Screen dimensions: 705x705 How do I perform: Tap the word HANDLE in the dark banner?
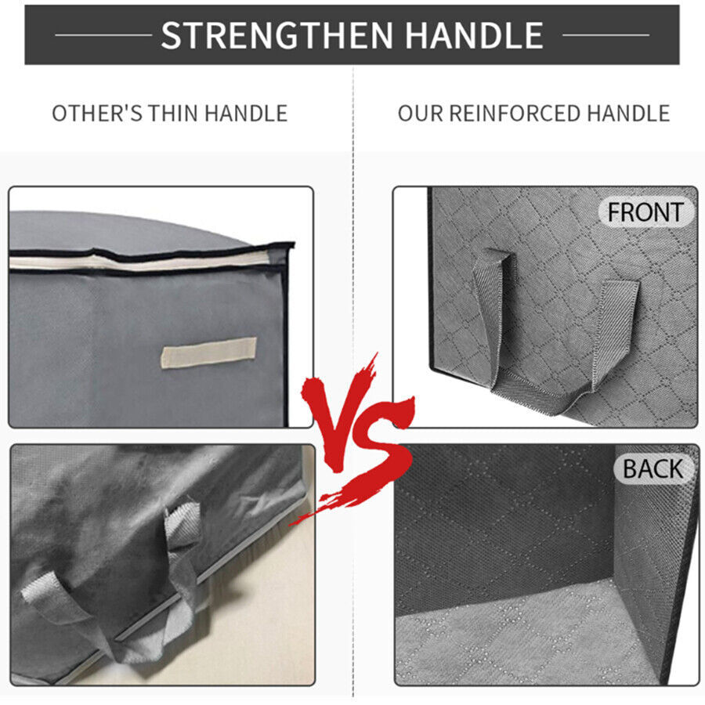point(475,35)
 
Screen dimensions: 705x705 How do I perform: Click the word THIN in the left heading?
point(173,114)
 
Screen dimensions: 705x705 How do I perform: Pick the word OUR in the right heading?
point(421,114)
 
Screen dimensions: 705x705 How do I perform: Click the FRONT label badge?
point(645,211)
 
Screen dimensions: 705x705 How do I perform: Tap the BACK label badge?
point(653,469)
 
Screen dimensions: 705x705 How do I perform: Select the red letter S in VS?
point(378,450)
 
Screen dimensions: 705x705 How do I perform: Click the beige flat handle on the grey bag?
point(208,352)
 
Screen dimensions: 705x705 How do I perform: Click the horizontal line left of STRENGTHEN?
point(103,34)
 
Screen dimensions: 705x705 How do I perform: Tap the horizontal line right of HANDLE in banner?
point(606,34)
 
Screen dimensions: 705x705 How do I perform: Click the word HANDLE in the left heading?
point(245,114)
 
